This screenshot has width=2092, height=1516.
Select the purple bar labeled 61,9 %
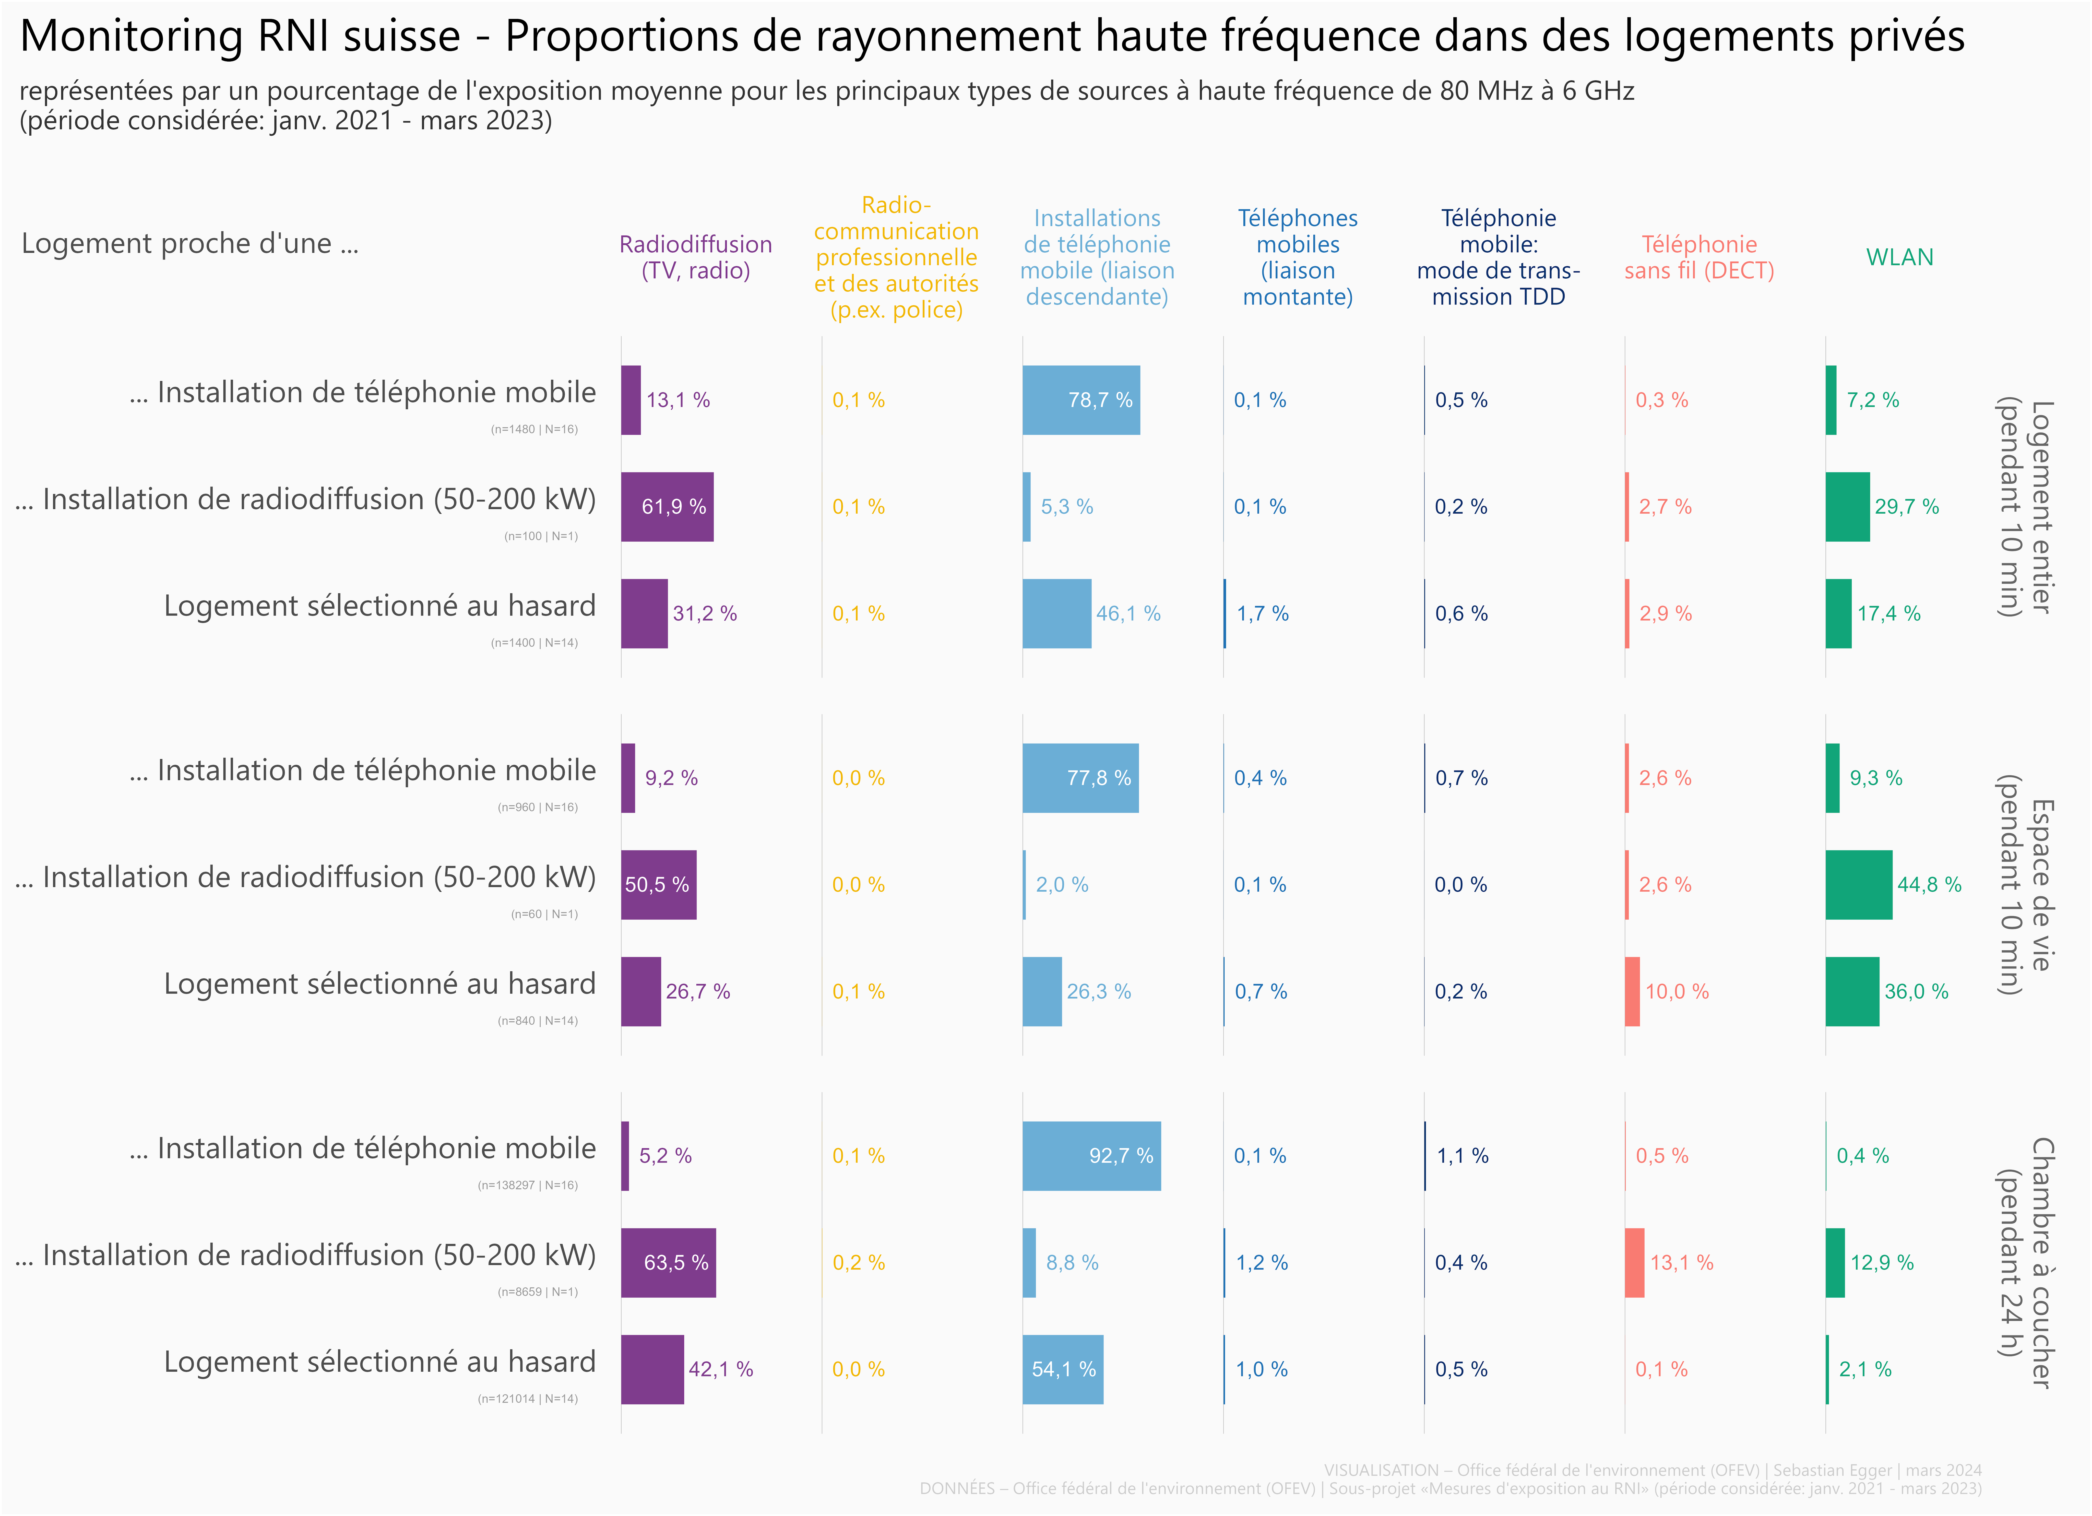click(x=667, y=506)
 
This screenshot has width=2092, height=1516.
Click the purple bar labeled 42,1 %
click(x=652, y=1369)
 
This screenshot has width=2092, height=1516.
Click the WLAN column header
click(x=1899, y=257)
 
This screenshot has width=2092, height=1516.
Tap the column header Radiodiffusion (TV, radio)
click(x=695, y=257)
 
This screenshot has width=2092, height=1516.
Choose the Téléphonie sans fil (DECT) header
click(x=1699, y=257)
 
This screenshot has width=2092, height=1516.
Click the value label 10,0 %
click(x=1677, y=992)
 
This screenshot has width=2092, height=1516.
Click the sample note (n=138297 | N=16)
click(x=528, y=1186)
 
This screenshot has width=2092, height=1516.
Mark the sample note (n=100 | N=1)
click(x=541, y=536)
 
